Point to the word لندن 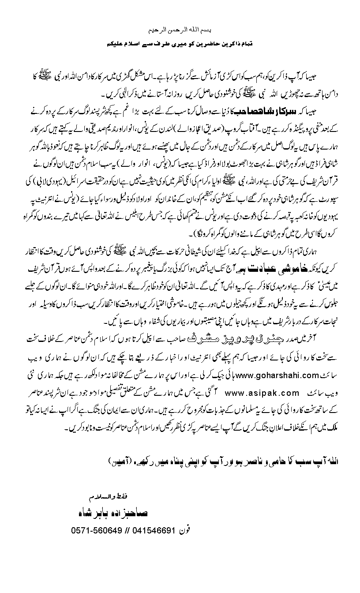[x=166, y=126]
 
